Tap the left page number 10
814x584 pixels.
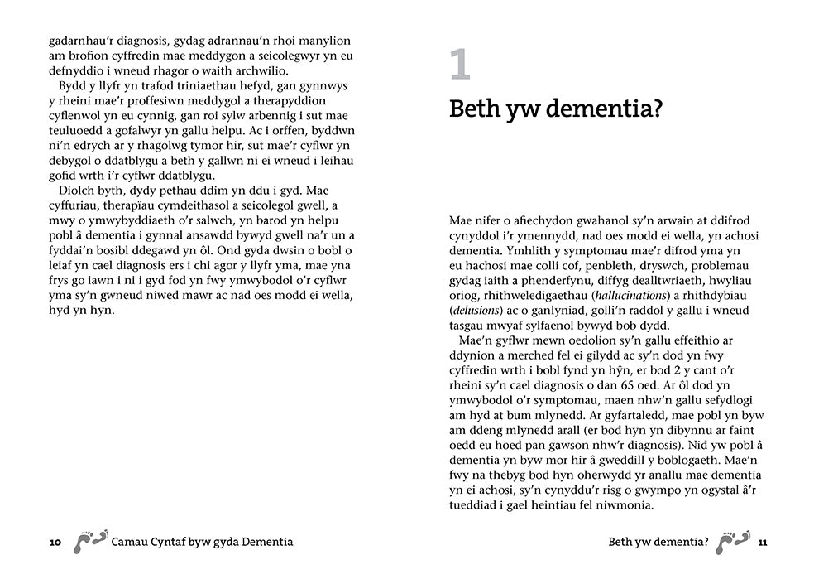[55, 543]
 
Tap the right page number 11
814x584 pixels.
[763, 543]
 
